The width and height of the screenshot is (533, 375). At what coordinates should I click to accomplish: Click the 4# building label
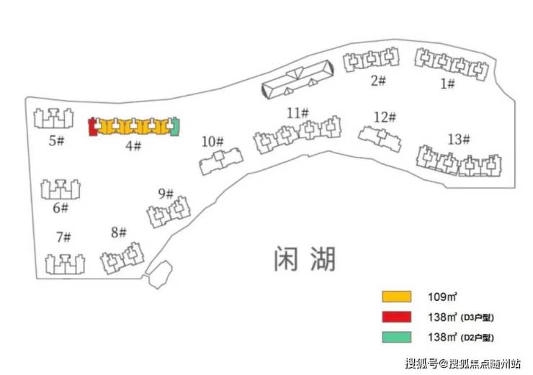pyautogui.click(x=133, y=145)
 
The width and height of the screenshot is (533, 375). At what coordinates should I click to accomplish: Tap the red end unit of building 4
pyautogui.click(x=91, y=127)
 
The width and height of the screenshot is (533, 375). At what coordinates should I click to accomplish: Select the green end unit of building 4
pyautogui.click(x=175, y=127)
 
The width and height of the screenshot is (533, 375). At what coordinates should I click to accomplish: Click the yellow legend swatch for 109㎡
pyautogui.click(x=396, y=297)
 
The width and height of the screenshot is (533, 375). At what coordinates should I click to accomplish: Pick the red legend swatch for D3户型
pyautogui.click(x=396, y=317)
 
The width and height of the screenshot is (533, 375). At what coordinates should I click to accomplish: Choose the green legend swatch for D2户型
pyautogui.click(x=396, y=337)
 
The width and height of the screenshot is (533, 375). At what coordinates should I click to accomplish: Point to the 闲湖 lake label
pyautogui.click(x=305, y=259)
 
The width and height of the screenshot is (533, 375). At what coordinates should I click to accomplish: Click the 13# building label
pyautogui.click(x=459, y=139)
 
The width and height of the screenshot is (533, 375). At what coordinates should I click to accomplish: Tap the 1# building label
pyautogui.click(x=447, y=83)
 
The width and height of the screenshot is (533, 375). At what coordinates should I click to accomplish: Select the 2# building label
pyautogui.click(x=378, y=81)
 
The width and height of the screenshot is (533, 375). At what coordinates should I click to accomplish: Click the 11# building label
pyautogui.click(x=297, y=113)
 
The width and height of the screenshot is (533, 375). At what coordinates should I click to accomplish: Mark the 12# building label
pyautogui.click(x=385, y=117)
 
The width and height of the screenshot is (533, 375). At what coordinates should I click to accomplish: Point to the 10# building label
pyautogui.click(x=212, y=141)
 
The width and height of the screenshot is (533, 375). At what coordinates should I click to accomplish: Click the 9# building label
pyautogui.click(x=166, y=194)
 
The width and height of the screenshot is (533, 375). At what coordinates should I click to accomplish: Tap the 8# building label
pyautogui.click(x=119, y=232)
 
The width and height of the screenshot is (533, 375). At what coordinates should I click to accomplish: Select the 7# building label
pyautogui.click(x=63, y=237)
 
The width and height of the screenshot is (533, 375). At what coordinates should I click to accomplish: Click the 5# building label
pyautogui.click(x=56, y=140)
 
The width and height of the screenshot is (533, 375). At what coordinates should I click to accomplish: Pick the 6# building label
pyautogui.click(x=61, y=207)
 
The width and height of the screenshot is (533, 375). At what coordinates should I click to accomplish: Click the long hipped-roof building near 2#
pyautogui.click(x=297, y=79)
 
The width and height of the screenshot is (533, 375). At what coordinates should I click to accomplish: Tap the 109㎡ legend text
pyautogui.click(x=442, y=297)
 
